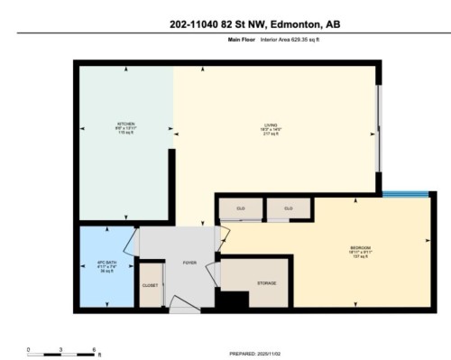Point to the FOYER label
pyautogui.click(x=189, y=263)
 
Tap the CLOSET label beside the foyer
pyautogui.click(x=151, y=285)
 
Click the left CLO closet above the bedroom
pyautogui.click(x=241, y=208)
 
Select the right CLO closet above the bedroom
pyautogui.click(x=289, y=208)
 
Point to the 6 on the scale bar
pyautogui.click(x=95, y=348)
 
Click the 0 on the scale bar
pyautogui.click(x=28, y=348)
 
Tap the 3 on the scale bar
pyautogui.click(x=61, y=348)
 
